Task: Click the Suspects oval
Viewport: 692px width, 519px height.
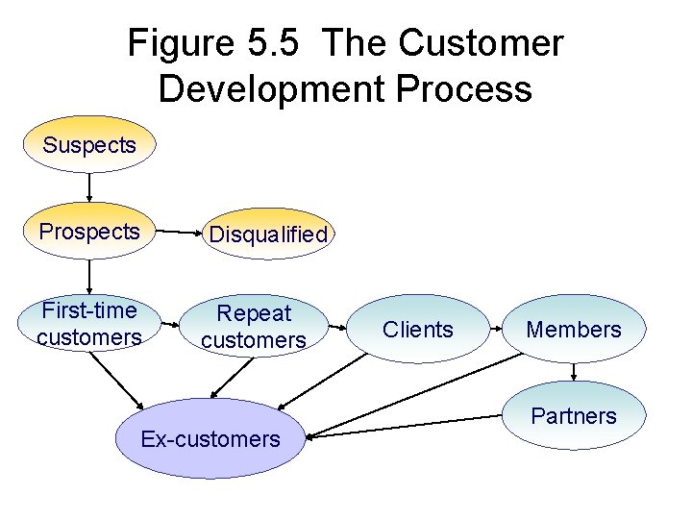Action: click(88, 145)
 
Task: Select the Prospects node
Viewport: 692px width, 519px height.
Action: click(88, 232)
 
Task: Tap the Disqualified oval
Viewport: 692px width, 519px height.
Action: click(268, 234)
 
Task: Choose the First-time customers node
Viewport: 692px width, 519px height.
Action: click(88, 323)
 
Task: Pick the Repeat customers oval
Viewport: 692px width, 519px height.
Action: click(254, 327)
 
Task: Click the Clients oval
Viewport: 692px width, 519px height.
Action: click(417, 330)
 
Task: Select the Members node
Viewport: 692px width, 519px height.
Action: click(574, 330)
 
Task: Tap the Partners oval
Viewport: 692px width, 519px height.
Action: click(574, 415)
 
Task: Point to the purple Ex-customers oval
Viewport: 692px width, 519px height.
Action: click(210, 439)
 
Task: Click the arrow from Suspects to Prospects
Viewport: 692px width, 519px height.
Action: click(89, 186)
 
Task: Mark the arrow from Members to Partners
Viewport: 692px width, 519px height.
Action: click(574, 372)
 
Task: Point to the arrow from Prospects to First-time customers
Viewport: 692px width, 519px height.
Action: click(89, 278)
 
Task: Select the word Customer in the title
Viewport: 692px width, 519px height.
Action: click(481, 43)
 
